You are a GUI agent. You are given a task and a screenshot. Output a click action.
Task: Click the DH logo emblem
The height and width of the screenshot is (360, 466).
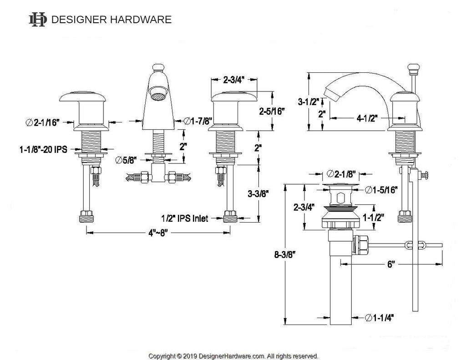tap(37, 19)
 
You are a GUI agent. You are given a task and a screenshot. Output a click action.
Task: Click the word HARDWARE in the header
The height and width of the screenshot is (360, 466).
tap(141, 20)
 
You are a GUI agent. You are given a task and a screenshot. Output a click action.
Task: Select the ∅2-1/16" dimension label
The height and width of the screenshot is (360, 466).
tap(43, 122)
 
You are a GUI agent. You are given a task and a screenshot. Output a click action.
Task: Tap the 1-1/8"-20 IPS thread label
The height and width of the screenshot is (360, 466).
tap(43, 149)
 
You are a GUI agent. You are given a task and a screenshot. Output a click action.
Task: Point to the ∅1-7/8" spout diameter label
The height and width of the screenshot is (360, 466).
tap(198, 121)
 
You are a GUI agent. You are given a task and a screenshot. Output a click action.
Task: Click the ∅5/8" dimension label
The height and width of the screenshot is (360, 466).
tap(126, 160)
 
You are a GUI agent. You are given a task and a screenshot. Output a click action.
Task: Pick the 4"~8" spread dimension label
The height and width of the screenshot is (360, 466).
tap(158, 233)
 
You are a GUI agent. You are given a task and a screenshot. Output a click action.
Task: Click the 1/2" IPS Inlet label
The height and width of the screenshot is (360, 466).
tap(185, 218)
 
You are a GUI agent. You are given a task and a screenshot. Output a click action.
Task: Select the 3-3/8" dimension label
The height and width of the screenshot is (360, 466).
tap(258, 194)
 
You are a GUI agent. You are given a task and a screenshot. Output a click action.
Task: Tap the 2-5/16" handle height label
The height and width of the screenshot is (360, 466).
tap(272, 112)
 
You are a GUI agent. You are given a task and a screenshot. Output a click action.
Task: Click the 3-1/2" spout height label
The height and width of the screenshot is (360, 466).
tap(309, 101)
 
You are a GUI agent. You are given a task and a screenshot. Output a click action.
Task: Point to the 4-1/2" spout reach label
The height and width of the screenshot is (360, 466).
tap(367, 118)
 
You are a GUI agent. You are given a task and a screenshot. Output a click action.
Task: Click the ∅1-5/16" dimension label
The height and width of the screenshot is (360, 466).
tap(381, 190)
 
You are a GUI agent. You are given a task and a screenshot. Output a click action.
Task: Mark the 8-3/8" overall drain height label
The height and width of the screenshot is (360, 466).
tap(285, 254)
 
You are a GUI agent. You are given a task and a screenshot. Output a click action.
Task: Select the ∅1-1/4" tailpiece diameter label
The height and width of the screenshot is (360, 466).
tap(379, 318)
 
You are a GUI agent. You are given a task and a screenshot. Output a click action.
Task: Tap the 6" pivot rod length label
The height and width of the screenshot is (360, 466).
tap(391, 264)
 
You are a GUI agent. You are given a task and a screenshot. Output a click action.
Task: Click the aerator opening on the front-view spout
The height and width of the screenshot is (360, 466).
tap(158, 93)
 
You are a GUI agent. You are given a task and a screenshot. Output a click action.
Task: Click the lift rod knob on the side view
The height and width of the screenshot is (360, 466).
tap(413, 69)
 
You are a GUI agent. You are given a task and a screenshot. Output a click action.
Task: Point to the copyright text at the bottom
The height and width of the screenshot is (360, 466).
tap(233, 356)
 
